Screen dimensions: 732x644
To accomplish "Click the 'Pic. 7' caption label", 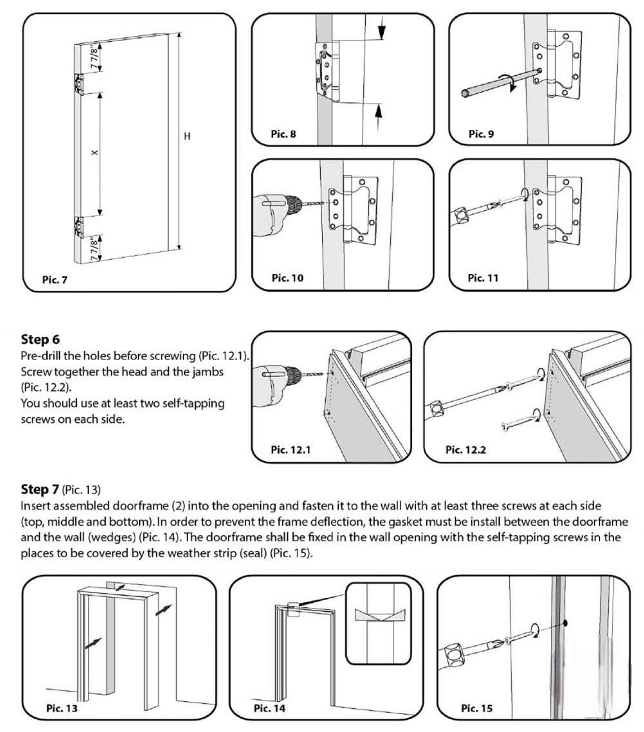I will [x=54, y=280].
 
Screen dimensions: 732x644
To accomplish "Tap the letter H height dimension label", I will [x=187, y=136].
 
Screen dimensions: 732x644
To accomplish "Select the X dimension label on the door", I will [x=94, y=152].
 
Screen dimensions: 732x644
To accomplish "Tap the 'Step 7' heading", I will [x=40, y=488].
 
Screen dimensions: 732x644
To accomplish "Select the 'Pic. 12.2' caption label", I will [x=466, y=450].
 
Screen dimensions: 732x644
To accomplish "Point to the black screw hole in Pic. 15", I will [x=565, y=623].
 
